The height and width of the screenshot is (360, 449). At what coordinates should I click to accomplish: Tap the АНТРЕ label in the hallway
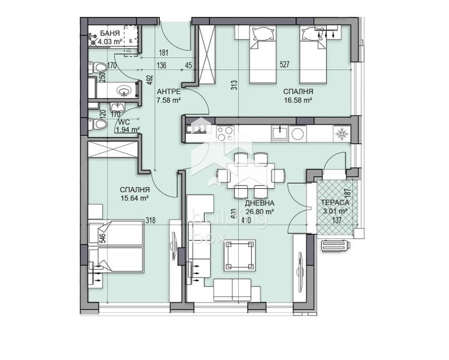(x=168, y=92)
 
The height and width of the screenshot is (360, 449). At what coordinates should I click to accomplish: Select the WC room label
(x=120, y=122)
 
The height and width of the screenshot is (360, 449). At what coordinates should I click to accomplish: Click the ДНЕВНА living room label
(x=260, y=203)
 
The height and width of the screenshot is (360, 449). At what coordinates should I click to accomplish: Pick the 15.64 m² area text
(x=135, y=198)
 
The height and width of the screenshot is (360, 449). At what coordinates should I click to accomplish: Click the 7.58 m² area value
(x=168, y=100)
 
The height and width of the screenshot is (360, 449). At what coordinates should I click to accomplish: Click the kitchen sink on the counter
(x=278, y=133)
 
